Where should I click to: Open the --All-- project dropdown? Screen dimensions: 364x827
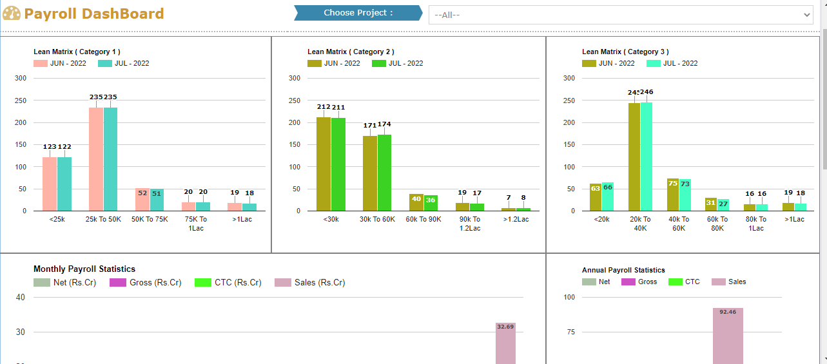(x=620, y=15)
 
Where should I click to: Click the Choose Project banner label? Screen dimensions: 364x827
(x=358, y=13)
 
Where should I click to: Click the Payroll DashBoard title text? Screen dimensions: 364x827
(x=93, y=14)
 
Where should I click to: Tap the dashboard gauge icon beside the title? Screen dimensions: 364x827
(x=12, y=14)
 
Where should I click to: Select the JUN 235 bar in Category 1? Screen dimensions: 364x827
(x=96, y=158)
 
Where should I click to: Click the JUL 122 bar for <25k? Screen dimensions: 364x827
(x=64, y=184)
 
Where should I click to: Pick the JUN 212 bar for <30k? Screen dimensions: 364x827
(x=324, y=164)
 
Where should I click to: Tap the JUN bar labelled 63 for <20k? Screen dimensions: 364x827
(x=596, y=197)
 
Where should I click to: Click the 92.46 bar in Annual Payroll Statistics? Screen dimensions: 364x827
(x=728, y=335)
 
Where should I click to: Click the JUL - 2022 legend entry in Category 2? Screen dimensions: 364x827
(x=397, y=63)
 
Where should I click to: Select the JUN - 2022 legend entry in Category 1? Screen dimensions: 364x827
(x=61, y=63)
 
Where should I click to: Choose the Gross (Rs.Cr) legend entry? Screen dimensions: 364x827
(x=146, y=282)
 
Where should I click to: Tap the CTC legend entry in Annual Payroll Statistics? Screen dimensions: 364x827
(x=685, y=282)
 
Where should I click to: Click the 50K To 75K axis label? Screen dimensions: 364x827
(x=150, y=219)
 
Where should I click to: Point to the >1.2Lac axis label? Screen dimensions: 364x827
(x=516, y=219)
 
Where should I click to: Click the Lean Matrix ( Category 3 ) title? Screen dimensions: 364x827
(x=625, y=52)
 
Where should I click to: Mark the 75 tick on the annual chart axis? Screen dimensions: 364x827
(x=569, y=332)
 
